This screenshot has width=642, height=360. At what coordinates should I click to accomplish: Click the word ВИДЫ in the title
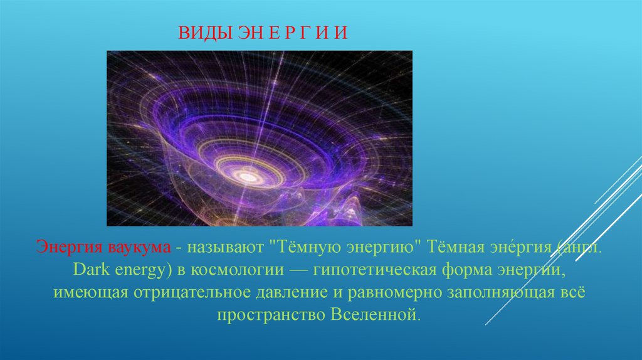coord(206,33)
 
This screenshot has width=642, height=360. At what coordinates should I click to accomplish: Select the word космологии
coord(236,270)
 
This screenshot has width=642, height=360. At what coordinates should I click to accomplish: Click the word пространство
coord(271,315)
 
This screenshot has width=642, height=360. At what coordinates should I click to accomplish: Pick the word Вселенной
coord(374,315)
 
